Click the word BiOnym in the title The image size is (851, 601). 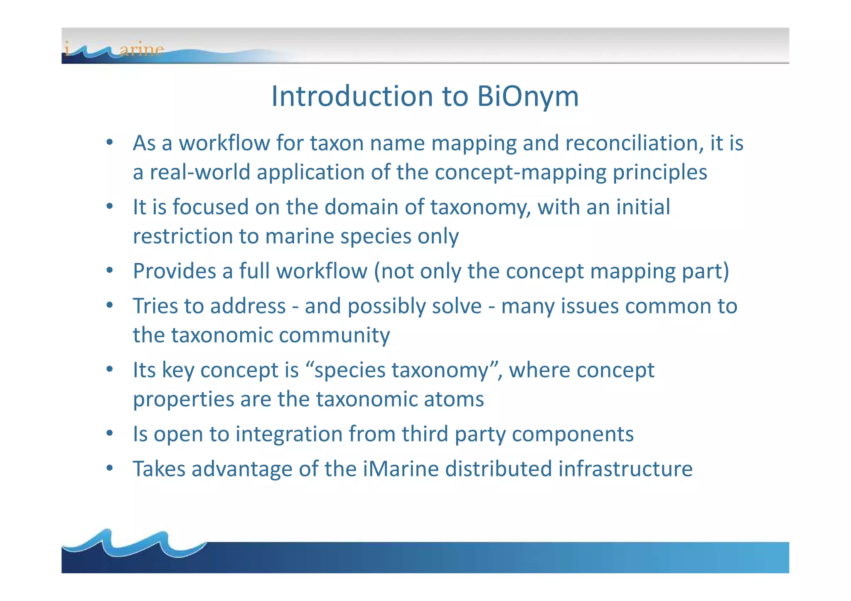pos(528,96)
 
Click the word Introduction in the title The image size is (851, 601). pos(352,96)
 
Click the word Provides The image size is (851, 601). pos(174,271)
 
